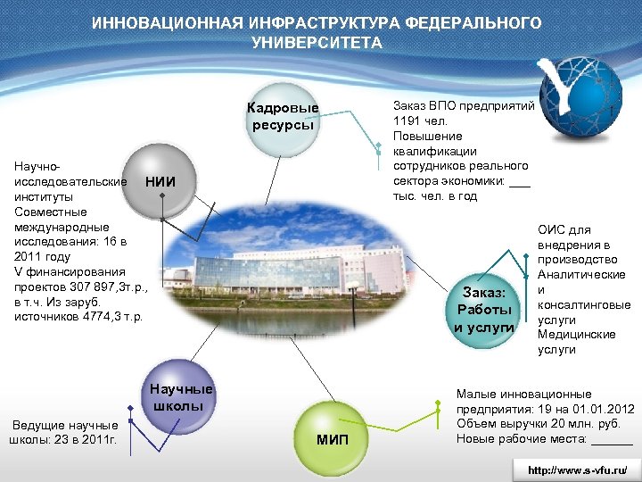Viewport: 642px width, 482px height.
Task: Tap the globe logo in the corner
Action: pyautogui.click(x=584, y=100)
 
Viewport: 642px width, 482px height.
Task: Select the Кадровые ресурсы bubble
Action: pyautogui.click(x=283, y=117)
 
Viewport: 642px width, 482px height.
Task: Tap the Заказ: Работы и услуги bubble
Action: pyautogui.click(x=483, y=310)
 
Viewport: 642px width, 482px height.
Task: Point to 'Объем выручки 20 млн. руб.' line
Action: pyautogui.click(x=533, y=423)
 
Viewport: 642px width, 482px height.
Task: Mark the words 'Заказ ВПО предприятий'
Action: pyautogui.click(x=464, y=105)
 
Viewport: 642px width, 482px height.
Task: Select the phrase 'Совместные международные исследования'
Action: pyautogui.click(x=62, y=227)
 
